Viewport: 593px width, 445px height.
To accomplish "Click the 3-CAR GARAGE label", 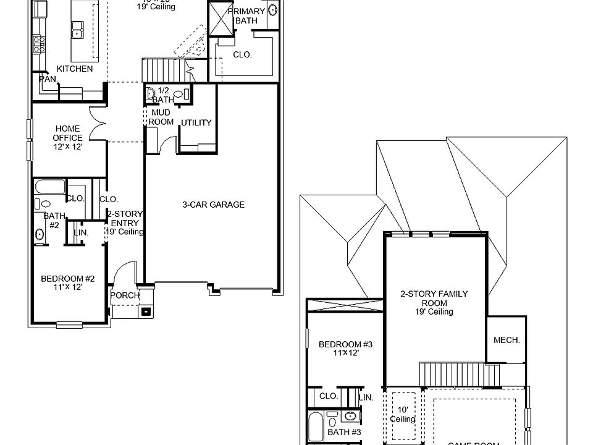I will pos(213,205).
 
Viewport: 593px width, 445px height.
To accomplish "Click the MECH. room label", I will pos(507,340).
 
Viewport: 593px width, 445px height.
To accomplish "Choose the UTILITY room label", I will pos(196,123).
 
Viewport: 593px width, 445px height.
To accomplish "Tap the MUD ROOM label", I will pos(161,117).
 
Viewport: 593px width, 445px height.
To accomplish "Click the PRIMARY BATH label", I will pos(246,15).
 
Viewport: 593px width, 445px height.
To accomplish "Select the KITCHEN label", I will pos(75,69).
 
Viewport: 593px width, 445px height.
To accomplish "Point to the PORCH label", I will pos(125,295).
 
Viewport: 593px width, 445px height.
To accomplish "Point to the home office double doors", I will pos(98,124).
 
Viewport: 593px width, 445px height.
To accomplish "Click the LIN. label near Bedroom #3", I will pos(366,397).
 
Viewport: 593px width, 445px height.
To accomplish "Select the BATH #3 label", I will pos(345,432).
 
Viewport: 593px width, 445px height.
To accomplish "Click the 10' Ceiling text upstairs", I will pos(402,415).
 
